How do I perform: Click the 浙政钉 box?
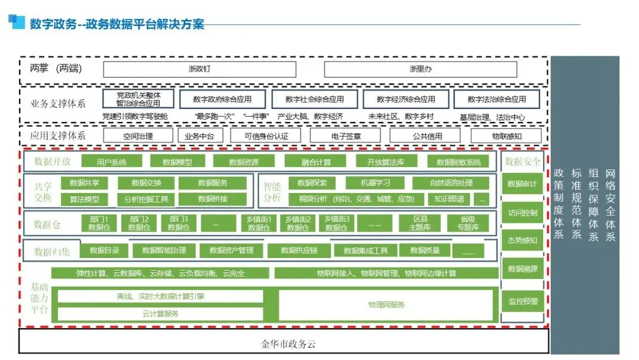pyautogui.click(x=199, y=69)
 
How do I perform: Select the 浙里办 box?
pyautogui.click(x=421, y=69)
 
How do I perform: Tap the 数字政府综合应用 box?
pyautogui.click(x=222, y=99)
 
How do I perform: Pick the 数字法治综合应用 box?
pyautogui.click(x=496, y=99)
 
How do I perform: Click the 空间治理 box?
pyautogui.click(x=138, y=136)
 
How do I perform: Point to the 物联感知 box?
pyautogui.click(x=506, y=136)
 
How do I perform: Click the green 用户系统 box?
pyautogui.click(x=111, y=162)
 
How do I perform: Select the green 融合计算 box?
pyautogui.click(x=316, y=162)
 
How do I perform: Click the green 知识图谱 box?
pyautogui.click(x=449, y=199)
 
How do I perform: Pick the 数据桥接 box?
pyautogui.click(x=212, y=199)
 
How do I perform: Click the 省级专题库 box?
pyautogui.click(x=467, y=223)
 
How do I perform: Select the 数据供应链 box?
pyautogui.click(x=299, y=250)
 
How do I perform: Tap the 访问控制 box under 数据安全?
pyautogui.click(x=522, y=213)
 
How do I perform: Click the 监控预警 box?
pyautogui.click(x=522, y=301)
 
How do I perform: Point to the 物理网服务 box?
pyautogui.click(x=386, y=304)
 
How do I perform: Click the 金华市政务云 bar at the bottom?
pyautogui.click(x=284, y=343)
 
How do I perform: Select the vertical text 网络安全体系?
pyautogui.click(x=611, y=205)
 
